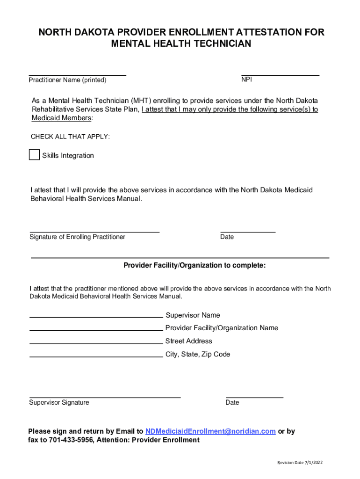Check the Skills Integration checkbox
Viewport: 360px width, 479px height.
point(34,155)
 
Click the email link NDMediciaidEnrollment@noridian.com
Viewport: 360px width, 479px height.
point(210,431)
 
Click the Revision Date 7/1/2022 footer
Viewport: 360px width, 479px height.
point(300,463)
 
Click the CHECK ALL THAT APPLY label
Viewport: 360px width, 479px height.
point(70,137)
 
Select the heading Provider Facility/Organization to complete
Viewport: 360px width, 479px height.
point(194,266)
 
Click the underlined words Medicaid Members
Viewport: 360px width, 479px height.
point(61,118)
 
